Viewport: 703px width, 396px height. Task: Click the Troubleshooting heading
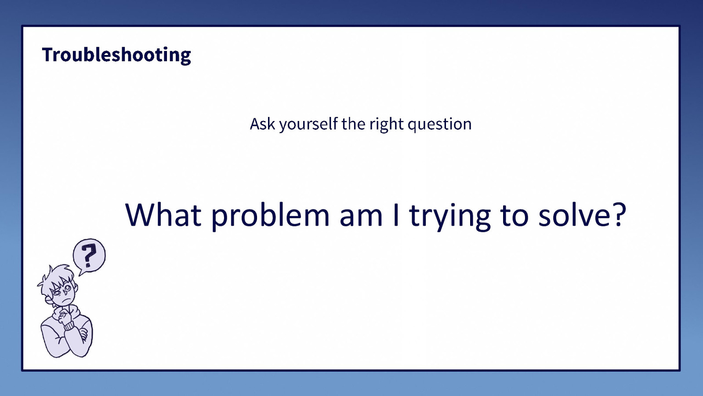pos(116,55)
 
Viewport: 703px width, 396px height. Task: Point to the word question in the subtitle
pos(439,125)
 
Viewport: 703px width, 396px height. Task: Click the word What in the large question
pos(163,215)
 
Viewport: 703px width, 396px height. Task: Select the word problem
pos(270,216)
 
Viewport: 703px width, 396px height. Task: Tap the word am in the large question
pos(361,216)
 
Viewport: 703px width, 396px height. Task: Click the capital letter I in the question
pos(396,215)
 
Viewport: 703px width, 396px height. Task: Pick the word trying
pos(449,216)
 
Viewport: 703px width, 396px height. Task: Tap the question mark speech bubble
pos(89,256)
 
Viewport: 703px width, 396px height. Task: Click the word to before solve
pos(514,215)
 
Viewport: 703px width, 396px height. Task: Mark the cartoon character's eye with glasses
pos(67,289)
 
